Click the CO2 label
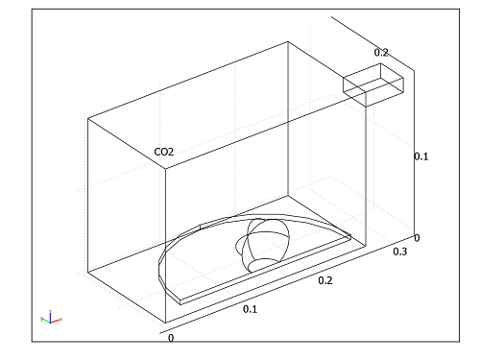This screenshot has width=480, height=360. click(164, 152)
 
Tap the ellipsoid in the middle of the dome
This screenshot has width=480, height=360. click(264, 243)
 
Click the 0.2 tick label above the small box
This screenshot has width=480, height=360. click(381, 53)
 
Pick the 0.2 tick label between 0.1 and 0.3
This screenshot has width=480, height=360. click(324, 281)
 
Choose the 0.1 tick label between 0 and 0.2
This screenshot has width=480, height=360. click(250, 309)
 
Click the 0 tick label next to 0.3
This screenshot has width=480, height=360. click(416, 236)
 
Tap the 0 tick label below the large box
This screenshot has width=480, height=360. click(171, 338)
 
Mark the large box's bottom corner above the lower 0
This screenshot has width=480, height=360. click(166, 323)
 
